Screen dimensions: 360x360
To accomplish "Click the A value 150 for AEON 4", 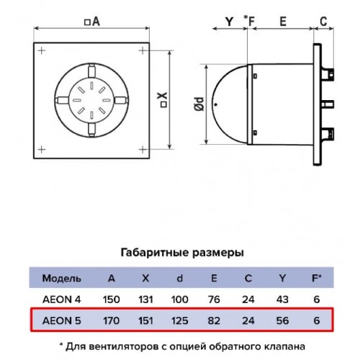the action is coord(111,300).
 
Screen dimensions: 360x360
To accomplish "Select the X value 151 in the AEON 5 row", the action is coord(145,320).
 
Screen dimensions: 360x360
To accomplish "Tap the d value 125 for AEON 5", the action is coord(179,320).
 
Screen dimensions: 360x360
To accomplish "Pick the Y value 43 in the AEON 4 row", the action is coord(282,300).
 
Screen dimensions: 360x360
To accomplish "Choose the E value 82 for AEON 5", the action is coord(214,320).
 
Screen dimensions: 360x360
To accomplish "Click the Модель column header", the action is coord(62,279).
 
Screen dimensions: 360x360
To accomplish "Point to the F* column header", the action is coord(317,278).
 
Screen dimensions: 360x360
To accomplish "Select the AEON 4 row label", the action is coord(62,300).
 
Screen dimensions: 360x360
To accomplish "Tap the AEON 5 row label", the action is coord(62,320).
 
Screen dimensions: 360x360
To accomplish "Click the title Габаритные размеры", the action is coord(182,253).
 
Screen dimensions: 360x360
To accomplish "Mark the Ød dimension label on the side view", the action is coord(199,104).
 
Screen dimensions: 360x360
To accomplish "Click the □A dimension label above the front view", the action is coord(92,22).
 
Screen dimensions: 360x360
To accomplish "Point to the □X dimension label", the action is coord(163,100).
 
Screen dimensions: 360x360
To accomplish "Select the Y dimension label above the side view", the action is coord(230,22).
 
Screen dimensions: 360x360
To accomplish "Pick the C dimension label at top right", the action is coord(323,22).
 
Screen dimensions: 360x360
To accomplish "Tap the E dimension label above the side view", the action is coord(283,22).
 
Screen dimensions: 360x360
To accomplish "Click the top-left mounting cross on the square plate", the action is coord(42,51).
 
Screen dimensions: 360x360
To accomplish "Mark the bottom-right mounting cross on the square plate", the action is coord(143,150).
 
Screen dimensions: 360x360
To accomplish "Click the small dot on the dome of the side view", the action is coord(216,104).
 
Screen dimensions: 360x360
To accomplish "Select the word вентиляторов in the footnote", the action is coord(123,346).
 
